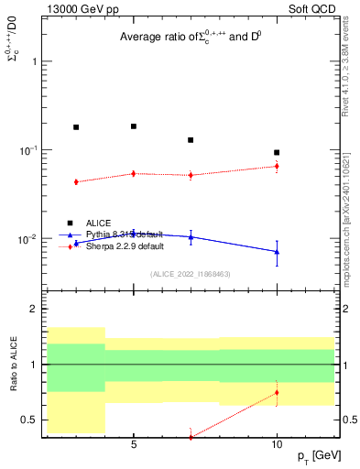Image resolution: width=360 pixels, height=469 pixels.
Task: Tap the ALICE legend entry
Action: click(100, 223)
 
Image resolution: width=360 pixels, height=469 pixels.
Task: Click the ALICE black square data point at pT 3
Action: click(76, 127)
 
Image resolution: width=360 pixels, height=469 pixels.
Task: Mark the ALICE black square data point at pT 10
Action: click(277, 152)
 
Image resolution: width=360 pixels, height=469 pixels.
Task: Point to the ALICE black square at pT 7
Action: click(191, 140)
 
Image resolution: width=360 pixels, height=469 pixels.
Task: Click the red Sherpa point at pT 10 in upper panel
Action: click(277, 166)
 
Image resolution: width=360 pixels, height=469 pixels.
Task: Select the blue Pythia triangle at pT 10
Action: click(277, 251)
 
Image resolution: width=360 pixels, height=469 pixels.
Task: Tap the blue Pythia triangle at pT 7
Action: click(191, 236)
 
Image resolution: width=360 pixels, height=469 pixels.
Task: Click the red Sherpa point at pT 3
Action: click(76, 181)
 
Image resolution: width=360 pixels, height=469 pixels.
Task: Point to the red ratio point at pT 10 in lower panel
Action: click(277, 393)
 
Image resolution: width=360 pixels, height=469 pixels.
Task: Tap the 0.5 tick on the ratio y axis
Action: click(29, 420)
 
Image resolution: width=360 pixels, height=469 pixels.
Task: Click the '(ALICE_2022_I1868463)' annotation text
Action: click(190, 275)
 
